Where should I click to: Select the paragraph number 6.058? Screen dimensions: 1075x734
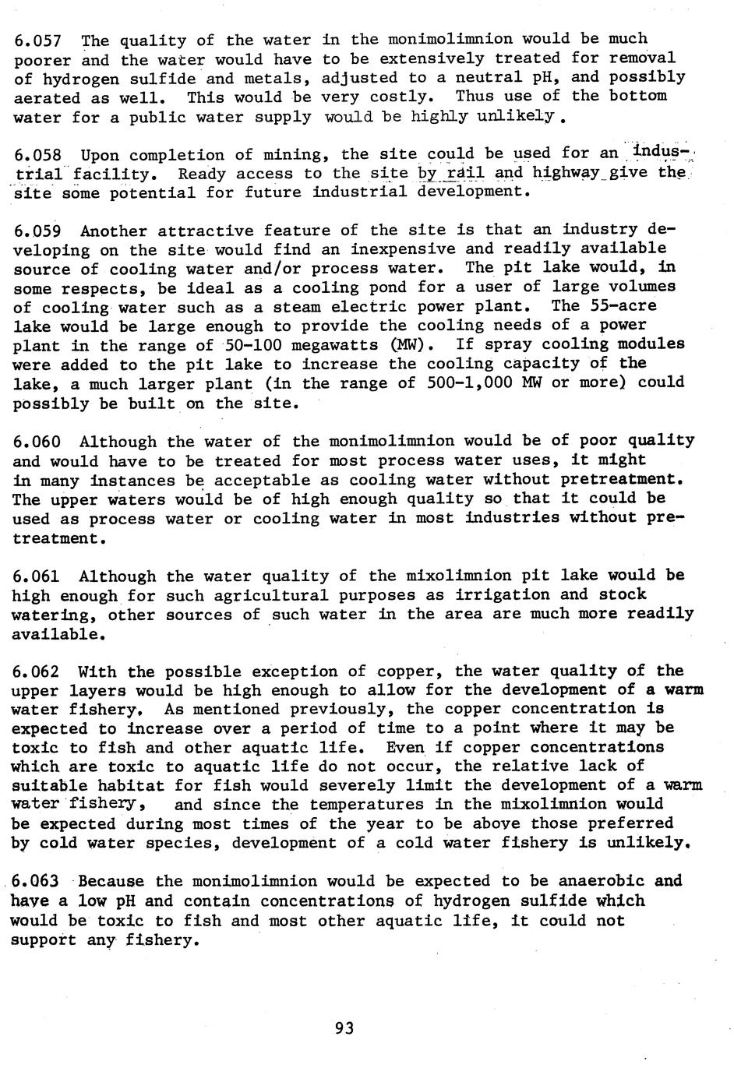pos(38,155)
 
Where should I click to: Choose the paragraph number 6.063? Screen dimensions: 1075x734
pos(38,882)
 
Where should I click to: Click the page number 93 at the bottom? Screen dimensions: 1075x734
pos(344,1028)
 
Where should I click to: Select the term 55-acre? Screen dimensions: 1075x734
pos(623,306)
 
